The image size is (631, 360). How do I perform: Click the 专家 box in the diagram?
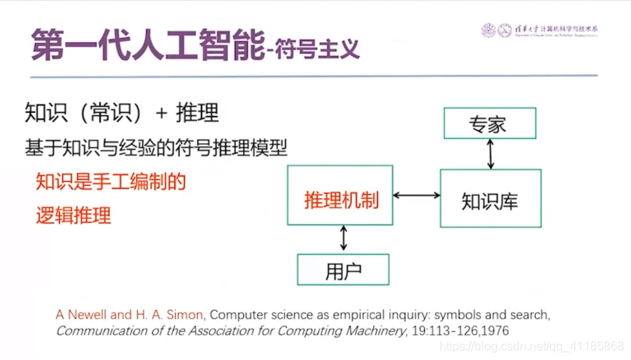(x=490, y=124)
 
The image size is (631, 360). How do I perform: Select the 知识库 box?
(x=490, y=199)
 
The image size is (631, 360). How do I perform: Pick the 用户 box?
(x=342, y=269)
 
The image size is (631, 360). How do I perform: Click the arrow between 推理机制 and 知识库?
(x=416, y=196)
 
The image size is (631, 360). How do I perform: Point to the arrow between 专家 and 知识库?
(x=490, y=154)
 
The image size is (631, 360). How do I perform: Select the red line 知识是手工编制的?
(x=111, y=182)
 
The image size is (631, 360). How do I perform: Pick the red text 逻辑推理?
(x=73, y=214)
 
